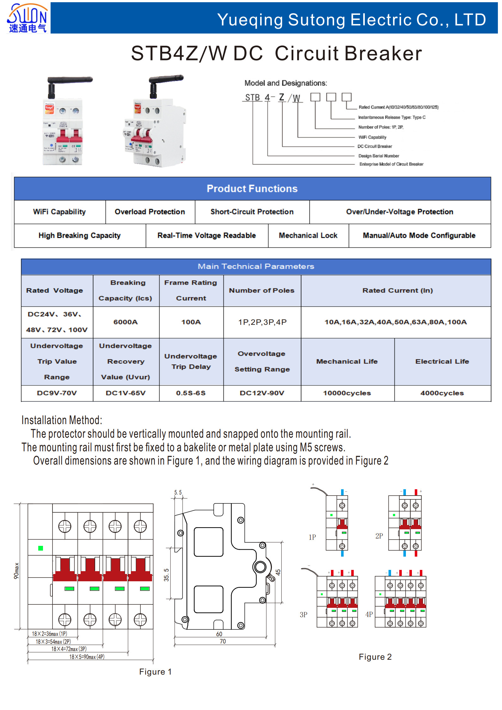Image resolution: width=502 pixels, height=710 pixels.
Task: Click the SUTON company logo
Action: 28,18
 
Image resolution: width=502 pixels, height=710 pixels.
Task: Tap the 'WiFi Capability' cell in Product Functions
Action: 59,212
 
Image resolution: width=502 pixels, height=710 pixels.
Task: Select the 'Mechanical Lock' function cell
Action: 308,236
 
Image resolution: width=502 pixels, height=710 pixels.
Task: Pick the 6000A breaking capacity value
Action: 125,322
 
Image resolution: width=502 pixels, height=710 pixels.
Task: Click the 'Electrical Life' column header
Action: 442,361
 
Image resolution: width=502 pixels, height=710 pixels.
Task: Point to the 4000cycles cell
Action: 442,393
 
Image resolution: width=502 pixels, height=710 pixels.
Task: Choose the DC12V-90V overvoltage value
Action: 262,393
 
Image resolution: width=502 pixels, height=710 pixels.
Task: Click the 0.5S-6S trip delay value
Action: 191,393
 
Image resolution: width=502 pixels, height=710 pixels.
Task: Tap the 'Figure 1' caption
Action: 155,672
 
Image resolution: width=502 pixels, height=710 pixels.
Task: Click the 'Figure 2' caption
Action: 375,657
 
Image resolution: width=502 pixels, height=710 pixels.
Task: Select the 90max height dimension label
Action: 16,571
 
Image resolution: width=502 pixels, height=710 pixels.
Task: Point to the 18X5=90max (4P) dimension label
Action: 87,657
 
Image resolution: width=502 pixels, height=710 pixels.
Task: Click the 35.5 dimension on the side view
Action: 166,575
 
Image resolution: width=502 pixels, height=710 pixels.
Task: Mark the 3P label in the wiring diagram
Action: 303,614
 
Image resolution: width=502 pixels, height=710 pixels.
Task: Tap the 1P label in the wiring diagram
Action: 312,537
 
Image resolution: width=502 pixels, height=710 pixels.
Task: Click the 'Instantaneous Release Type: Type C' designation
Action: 392,117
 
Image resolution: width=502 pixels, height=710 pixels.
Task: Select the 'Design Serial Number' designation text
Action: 379,156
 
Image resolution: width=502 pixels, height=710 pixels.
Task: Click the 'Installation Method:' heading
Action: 62,420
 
